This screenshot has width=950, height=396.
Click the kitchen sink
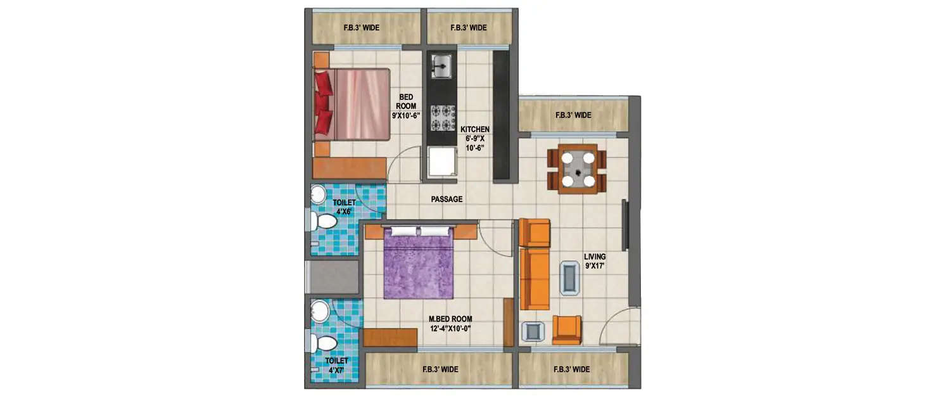click(x=441, y=66)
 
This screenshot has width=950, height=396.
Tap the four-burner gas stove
click(x=442, y=117)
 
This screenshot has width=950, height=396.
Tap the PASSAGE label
click(x=446, y=199)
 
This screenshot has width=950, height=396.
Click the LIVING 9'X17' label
click(x=595, y=262)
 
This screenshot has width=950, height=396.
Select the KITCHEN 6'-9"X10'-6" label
click(x=475, y=138)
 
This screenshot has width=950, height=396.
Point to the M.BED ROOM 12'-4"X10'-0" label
click(x=450, y=323)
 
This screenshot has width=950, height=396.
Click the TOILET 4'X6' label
click(x=344, y=207)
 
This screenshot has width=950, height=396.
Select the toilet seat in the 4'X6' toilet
click(x=324, y=222)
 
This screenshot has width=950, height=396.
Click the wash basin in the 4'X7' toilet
click(x=320, y=311)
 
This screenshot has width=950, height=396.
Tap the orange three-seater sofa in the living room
click(x=535, y=278)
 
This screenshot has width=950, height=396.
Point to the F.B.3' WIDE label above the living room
click(x=573, y=115)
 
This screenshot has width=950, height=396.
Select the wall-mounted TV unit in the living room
click(x=625, y=226)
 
